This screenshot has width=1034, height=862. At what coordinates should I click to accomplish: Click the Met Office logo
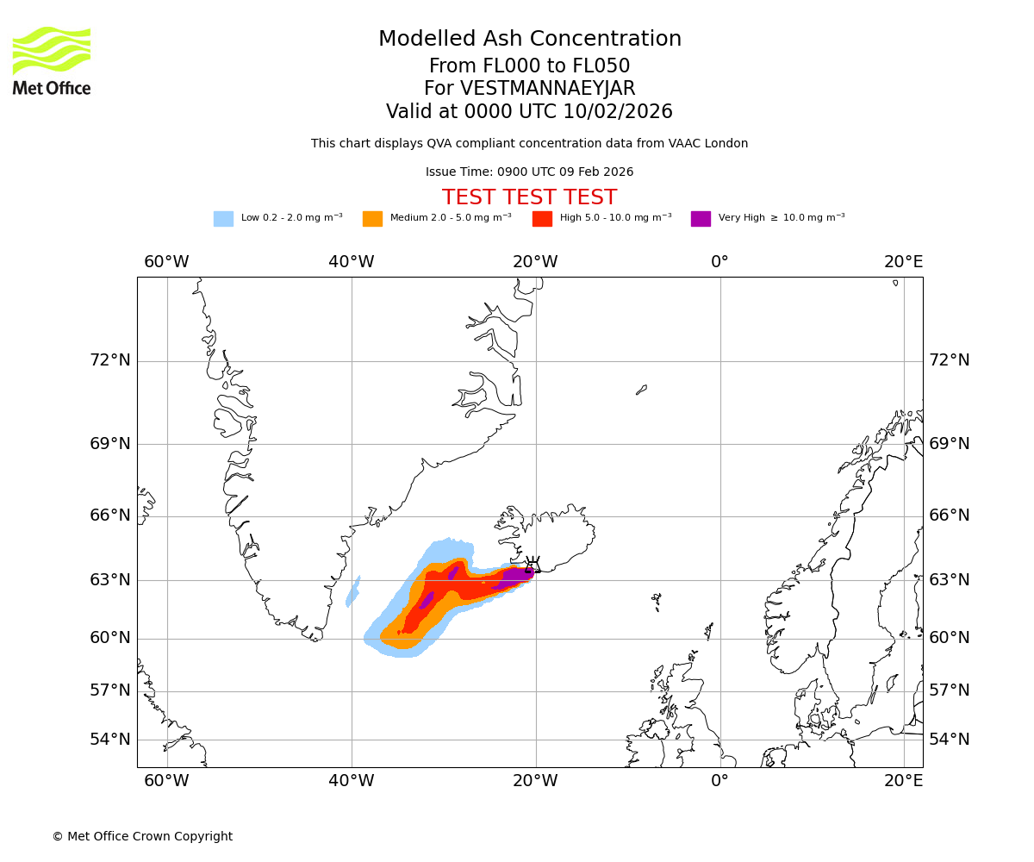tap(52, 60)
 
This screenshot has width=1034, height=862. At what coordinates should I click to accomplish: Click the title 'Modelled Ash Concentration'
tap(529, 39)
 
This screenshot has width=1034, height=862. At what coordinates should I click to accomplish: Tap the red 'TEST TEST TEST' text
tap(529, 197)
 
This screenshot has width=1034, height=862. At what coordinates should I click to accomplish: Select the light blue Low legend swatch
tap(223, 218)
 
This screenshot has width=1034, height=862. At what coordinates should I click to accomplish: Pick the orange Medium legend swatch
tap(372, 218)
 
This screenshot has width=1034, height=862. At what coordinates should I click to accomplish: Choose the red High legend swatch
tap(542, 218)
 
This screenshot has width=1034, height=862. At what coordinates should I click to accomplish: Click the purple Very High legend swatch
tap(701, 218)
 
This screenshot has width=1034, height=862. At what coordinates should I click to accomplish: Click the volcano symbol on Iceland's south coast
tap(533, 565)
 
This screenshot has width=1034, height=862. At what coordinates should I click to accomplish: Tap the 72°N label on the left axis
tap(110, 360)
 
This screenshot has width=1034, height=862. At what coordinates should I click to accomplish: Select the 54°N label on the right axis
tap(949, 740)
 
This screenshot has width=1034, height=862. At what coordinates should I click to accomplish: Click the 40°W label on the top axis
tap(351, 262)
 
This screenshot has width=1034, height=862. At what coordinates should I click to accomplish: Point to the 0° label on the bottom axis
tap(719, 781)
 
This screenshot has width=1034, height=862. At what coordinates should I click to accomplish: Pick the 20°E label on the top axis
tap(903, 262)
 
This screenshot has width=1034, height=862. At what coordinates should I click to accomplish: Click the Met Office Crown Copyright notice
tap(142, 836)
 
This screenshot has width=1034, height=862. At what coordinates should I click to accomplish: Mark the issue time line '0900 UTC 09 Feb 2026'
tap(529, 172)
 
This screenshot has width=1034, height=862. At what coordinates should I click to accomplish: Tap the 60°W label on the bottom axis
tap(166, 781)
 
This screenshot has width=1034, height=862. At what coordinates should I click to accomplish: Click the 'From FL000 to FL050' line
tap(529, 66)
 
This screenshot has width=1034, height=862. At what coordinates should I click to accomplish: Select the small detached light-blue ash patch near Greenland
tap(352, 592)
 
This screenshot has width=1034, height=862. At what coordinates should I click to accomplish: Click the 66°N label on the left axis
tap(110, 515)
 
